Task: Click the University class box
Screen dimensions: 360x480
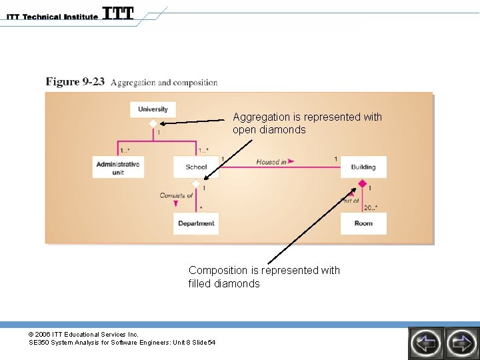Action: pyautogui.click(x=153, y=109)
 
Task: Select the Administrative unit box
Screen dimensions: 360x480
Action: pyautogui.click(x=118, y=167)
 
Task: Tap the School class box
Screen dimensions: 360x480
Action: pyautogui.click(x=196, y=167)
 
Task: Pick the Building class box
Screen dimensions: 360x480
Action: pyautogui.click(x=363, y=167)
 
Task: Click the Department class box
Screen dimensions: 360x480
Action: pyautogui.click(x=196, y=224)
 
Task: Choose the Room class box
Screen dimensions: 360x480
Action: pyautogui.click(x=363, y=224)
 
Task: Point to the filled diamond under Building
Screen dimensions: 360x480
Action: pyautogui.click(x=363, y=183)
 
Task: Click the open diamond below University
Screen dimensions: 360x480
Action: pyautogui.click(x=153, y=124)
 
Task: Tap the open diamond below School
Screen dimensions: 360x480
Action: pyautogui.click(x=196, y=183)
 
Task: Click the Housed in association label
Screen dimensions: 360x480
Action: pyautogui.click(x=271, y=161)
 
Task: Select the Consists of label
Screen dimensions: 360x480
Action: pyautogui.click(x=176, y=195)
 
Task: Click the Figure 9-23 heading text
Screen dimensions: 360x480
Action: pyautogui.click(x=75, y=82)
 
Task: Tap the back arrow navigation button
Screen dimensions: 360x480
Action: pyautogui.click(x=425, y=343)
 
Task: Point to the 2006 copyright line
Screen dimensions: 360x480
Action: pyautogui.click(x=83, y=334)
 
